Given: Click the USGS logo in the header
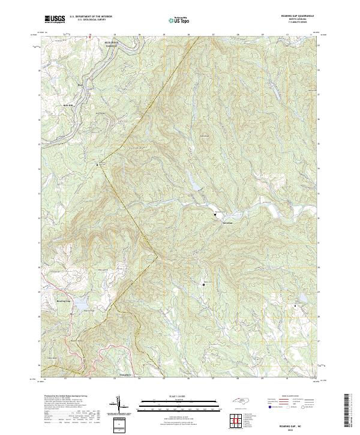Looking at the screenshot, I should point(54,20).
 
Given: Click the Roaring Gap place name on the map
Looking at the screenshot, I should point(64,301).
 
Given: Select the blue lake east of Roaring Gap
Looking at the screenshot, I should point(82,307).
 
